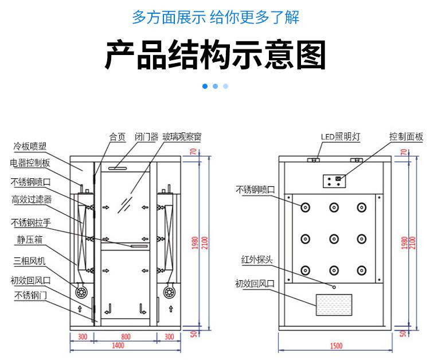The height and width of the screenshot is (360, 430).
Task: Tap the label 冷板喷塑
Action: pyautogui.click(x=30, y=145)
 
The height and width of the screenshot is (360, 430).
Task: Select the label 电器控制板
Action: pyautogui.click(x=30, y=163)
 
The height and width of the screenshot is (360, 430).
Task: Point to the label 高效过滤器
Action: pyautogui.click(x=32, y=199)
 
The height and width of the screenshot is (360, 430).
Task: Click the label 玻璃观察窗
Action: pyautogui.click(x=181, y=137)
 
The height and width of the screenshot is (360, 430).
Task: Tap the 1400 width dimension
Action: pyautogui.click(x=118, y=346)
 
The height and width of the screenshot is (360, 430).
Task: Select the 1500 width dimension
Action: pyautogui.click(x=337, y=346)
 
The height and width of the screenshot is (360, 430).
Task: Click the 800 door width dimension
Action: pyautogui.click(x=126, y=336)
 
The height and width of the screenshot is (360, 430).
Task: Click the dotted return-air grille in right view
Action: pyautogui.click(x=337, y=304)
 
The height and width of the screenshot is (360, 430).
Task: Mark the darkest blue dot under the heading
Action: pyautogui.click(x=205, y=86)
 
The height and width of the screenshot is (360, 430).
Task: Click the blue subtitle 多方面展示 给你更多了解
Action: pyautogui.click(x=215, y=17)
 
